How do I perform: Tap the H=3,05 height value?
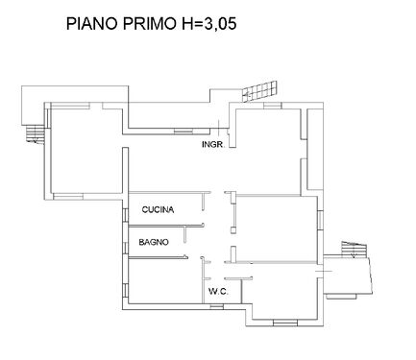(209, 24)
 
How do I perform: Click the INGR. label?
(213, 144)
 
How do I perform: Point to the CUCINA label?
(158, 209)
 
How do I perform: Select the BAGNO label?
(154, 242)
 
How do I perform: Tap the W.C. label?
(218, 292)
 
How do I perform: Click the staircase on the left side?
(35, 133)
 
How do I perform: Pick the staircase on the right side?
(354, 249)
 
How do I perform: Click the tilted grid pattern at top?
(259, 90)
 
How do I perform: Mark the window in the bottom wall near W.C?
(217, 307)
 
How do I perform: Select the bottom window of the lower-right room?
(285, 323)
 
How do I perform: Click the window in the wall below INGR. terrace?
(184, 131)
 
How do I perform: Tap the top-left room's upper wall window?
(70, 106)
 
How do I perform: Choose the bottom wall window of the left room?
(68, 196)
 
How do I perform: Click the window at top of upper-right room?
(273, 106)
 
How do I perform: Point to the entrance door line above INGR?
(218, 128)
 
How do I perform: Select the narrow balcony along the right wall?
(315, 149)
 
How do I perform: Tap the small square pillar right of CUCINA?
(233, 229)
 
